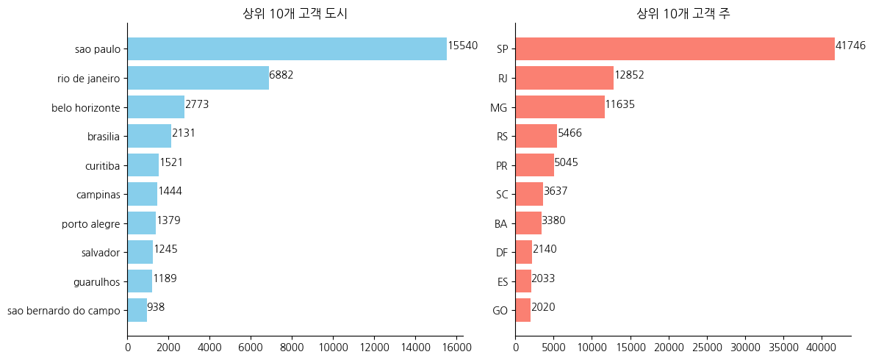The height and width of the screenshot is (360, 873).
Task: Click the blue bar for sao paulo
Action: click(287, 49)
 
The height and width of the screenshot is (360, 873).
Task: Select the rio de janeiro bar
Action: click(198, 78)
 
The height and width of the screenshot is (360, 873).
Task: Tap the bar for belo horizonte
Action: click(156, 107)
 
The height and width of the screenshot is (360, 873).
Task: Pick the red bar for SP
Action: click(675, 49)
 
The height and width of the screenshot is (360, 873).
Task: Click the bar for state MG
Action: click(560, 107)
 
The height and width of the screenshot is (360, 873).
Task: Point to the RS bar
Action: click(536, 136)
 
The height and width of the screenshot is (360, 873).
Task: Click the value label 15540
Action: click(463, 46)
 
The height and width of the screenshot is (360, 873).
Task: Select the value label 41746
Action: click(850, 46)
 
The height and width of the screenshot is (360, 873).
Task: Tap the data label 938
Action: click(156, 307)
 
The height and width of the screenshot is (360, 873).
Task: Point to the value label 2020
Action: click(543, 307)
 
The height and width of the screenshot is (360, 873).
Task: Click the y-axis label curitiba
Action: click(102, 166)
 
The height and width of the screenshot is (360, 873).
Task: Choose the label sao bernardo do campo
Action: click(63, 311)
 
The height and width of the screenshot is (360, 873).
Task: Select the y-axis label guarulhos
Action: click(96, 282)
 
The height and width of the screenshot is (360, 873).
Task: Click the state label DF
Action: click(501, 253)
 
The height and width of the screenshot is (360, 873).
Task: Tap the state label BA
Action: click(501, 224)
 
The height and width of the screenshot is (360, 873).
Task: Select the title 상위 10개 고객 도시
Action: click(295, 13)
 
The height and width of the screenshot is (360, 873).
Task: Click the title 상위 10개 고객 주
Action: click(683, 13)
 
